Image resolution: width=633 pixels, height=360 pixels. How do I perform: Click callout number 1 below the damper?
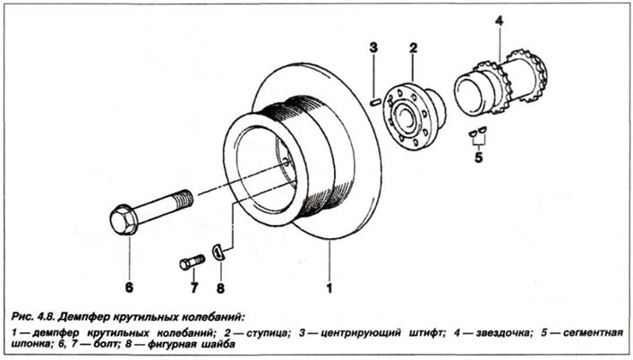pyautogui.click(x=329, y=288)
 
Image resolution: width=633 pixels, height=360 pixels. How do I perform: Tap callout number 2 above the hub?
pyautogui.click(x=413, y=48)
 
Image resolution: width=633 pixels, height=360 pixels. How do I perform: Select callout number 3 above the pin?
pyautogui.click(x=373, y=47)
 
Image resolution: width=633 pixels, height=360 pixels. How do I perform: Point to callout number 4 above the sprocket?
pyautogui.click(x=500, y=21)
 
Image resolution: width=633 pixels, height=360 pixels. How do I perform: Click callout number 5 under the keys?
pyautogui.click(x=478, y=158)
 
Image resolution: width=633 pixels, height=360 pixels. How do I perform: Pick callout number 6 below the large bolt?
pyautogui.click(x=129, y=287)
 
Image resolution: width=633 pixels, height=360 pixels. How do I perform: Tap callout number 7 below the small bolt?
pyautogui.click(x=194, y=288)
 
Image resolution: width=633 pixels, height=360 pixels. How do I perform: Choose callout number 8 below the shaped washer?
pyautogui.click(x=220, y=288)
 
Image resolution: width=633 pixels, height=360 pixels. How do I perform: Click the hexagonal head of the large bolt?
pyautogui.click(x=124, y=220)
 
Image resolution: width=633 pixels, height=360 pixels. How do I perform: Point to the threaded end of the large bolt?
pyautogui.click(x=183, y=199)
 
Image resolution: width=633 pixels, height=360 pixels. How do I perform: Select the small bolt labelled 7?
pyautogui.click(x=192, y=262)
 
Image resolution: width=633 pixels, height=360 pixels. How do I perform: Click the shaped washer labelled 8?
pyautogui.click(x=218, y=253)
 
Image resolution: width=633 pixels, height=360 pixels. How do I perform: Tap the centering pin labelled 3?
pyautogui.click(x=375, y=102)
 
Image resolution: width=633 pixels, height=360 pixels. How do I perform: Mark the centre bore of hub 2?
pyautogui.click(x=403, y=116)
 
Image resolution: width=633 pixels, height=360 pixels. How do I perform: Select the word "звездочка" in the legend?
pyautogui.click(x=502, y=333)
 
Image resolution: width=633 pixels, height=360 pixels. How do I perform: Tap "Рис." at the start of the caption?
pyautogui.click(x=21, y=317)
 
